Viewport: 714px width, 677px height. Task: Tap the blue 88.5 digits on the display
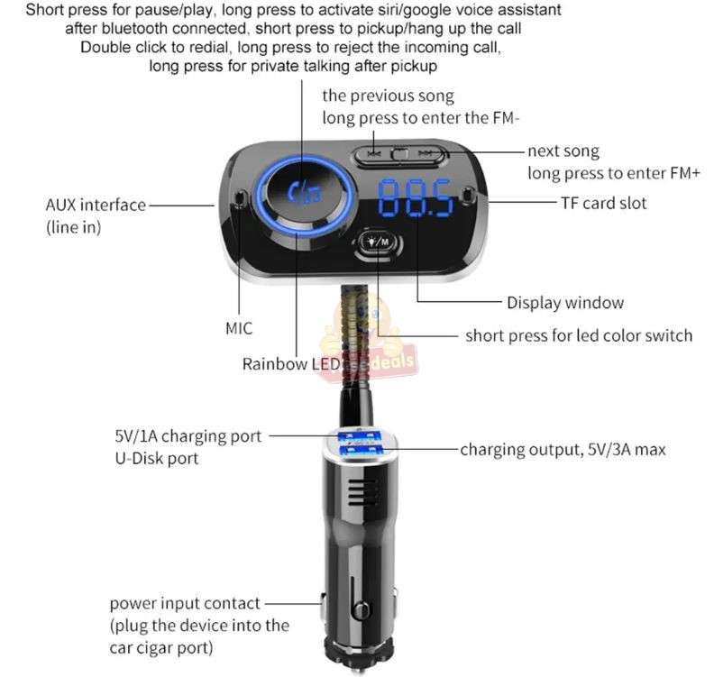(x=416, y=197)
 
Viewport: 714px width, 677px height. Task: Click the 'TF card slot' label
(x=604, y=203)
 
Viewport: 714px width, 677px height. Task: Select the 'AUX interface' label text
(x=96, y=205)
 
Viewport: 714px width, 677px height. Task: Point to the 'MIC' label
(x=239, y=328)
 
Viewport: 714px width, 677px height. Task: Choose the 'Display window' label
(x=565, y=303)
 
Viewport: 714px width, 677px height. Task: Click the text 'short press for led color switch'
(x=579, y=335)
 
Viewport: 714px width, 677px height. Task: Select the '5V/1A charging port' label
(x=188, y=435)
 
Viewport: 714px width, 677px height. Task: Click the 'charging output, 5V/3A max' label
(x=563, y=448)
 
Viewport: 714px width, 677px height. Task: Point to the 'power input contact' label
(x=185, y=603)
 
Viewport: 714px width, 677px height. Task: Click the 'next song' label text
(x=563, y=151)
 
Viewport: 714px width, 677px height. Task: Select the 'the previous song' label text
(x=389, y=96)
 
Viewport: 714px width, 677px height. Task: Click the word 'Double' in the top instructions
(x=105, y=47)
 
